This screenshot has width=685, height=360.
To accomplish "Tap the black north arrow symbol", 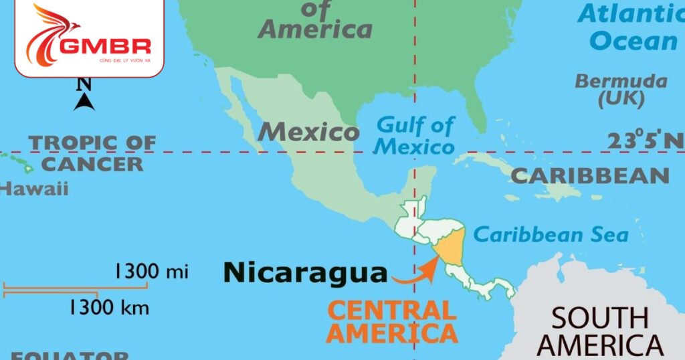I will (x=84, y=101).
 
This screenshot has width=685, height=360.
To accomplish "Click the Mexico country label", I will (x=308, y=132).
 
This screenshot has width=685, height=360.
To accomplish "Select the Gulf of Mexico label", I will (x=415, y=135).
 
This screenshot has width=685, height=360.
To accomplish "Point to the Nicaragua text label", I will (x=305, y=272).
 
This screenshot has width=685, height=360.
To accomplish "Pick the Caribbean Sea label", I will (x=551, y=235).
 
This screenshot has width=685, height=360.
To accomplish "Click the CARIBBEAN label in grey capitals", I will (x=589, y=176).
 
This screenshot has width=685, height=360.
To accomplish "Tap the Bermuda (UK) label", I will (x=621, y=90).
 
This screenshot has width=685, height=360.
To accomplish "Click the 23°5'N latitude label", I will (x=645, y=141).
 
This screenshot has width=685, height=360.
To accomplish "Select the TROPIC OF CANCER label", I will (x=92, y=153).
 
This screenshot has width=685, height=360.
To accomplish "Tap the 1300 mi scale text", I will (x=151, y=272).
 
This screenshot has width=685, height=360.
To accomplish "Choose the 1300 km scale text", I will (x=108, y=308).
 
